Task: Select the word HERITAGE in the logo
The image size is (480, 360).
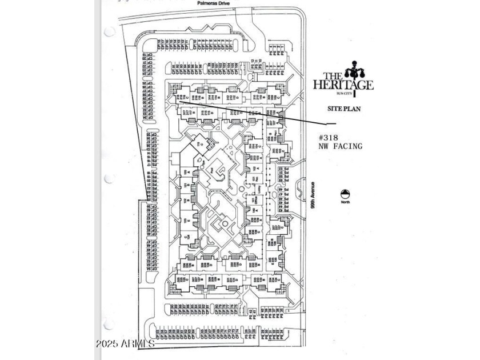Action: point(343,85)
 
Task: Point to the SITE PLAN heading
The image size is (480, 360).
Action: point(343,109)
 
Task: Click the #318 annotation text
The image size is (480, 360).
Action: point(330,138)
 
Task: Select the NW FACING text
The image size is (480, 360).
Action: point(341,146)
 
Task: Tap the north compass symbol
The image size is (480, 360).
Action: point(345,194)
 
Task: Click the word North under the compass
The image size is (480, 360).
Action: point(345,202)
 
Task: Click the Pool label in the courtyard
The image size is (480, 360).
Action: point(210,170)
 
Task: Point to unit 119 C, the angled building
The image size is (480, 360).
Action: point(200,145)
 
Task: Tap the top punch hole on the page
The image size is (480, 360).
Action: point(109,32)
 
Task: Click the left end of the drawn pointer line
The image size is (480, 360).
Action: point(178,101)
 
